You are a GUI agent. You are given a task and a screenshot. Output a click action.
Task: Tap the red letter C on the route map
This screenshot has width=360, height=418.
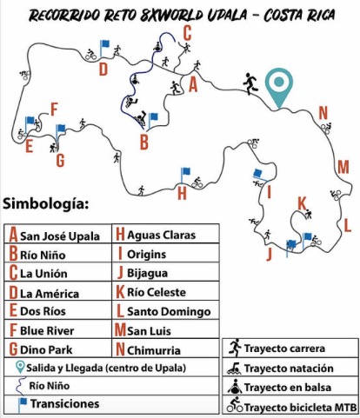187,33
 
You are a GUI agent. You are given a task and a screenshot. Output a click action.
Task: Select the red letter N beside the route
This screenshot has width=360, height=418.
323,113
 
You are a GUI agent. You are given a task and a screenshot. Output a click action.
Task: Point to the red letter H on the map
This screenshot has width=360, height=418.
182,193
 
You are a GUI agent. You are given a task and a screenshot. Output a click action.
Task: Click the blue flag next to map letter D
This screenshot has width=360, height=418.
104,48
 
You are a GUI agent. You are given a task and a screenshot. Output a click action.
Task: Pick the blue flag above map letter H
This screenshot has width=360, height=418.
185,175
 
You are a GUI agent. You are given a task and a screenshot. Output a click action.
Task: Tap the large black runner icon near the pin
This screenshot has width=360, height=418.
250,83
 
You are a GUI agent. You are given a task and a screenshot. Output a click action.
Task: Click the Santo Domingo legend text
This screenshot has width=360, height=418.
169,311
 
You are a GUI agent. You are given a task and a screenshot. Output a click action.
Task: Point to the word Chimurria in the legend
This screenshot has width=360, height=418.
154,350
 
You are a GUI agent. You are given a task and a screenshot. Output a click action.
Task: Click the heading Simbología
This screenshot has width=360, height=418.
45,204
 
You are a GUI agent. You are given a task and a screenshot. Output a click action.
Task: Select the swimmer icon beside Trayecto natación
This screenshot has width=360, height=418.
235,368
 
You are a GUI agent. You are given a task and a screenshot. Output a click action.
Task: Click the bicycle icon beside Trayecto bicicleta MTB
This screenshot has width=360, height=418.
235,405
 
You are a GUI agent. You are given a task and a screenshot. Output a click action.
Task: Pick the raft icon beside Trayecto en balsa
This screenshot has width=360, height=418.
235,387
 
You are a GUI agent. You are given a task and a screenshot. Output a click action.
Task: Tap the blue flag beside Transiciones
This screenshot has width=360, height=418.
23,404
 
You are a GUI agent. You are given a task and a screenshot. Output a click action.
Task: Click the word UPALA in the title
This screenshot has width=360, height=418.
227,15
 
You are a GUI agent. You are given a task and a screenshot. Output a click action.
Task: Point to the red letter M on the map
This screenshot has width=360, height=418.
343,167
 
